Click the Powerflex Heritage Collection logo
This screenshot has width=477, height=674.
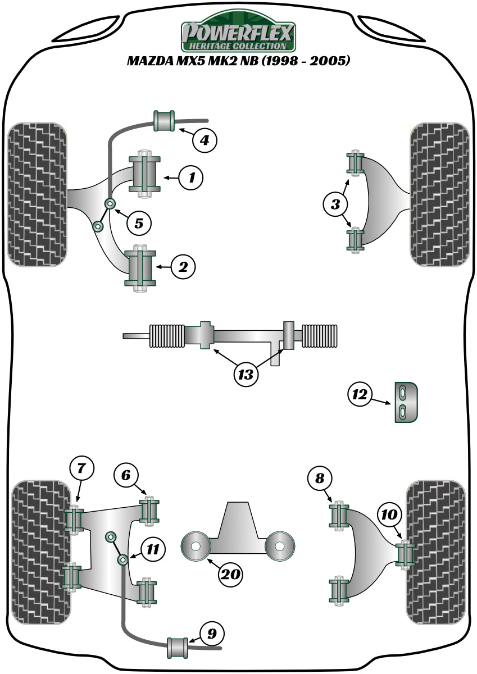click(x=238, y=35)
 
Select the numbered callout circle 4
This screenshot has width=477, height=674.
click(x=205, y=139)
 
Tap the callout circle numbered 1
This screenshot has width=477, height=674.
click(x=192, y=178)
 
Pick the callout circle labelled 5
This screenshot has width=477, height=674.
click(x=139, y=223)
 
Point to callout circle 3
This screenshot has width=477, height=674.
click(x=336, y=204)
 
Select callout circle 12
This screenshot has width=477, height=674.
click(x=360, y=395)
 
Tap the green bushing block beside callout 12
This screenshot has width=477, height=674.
click(x=407, y=402)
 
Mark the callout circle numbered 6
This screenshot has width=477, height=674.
click(x=125, y=475)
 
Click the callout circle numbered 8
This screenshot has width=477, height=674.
click(x=320, y=479)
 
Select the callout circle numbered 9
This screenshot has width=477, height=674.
click(x=211, y=634)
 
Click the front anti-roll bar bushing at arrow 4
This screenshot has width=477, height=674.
click(x=164, y=121)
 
